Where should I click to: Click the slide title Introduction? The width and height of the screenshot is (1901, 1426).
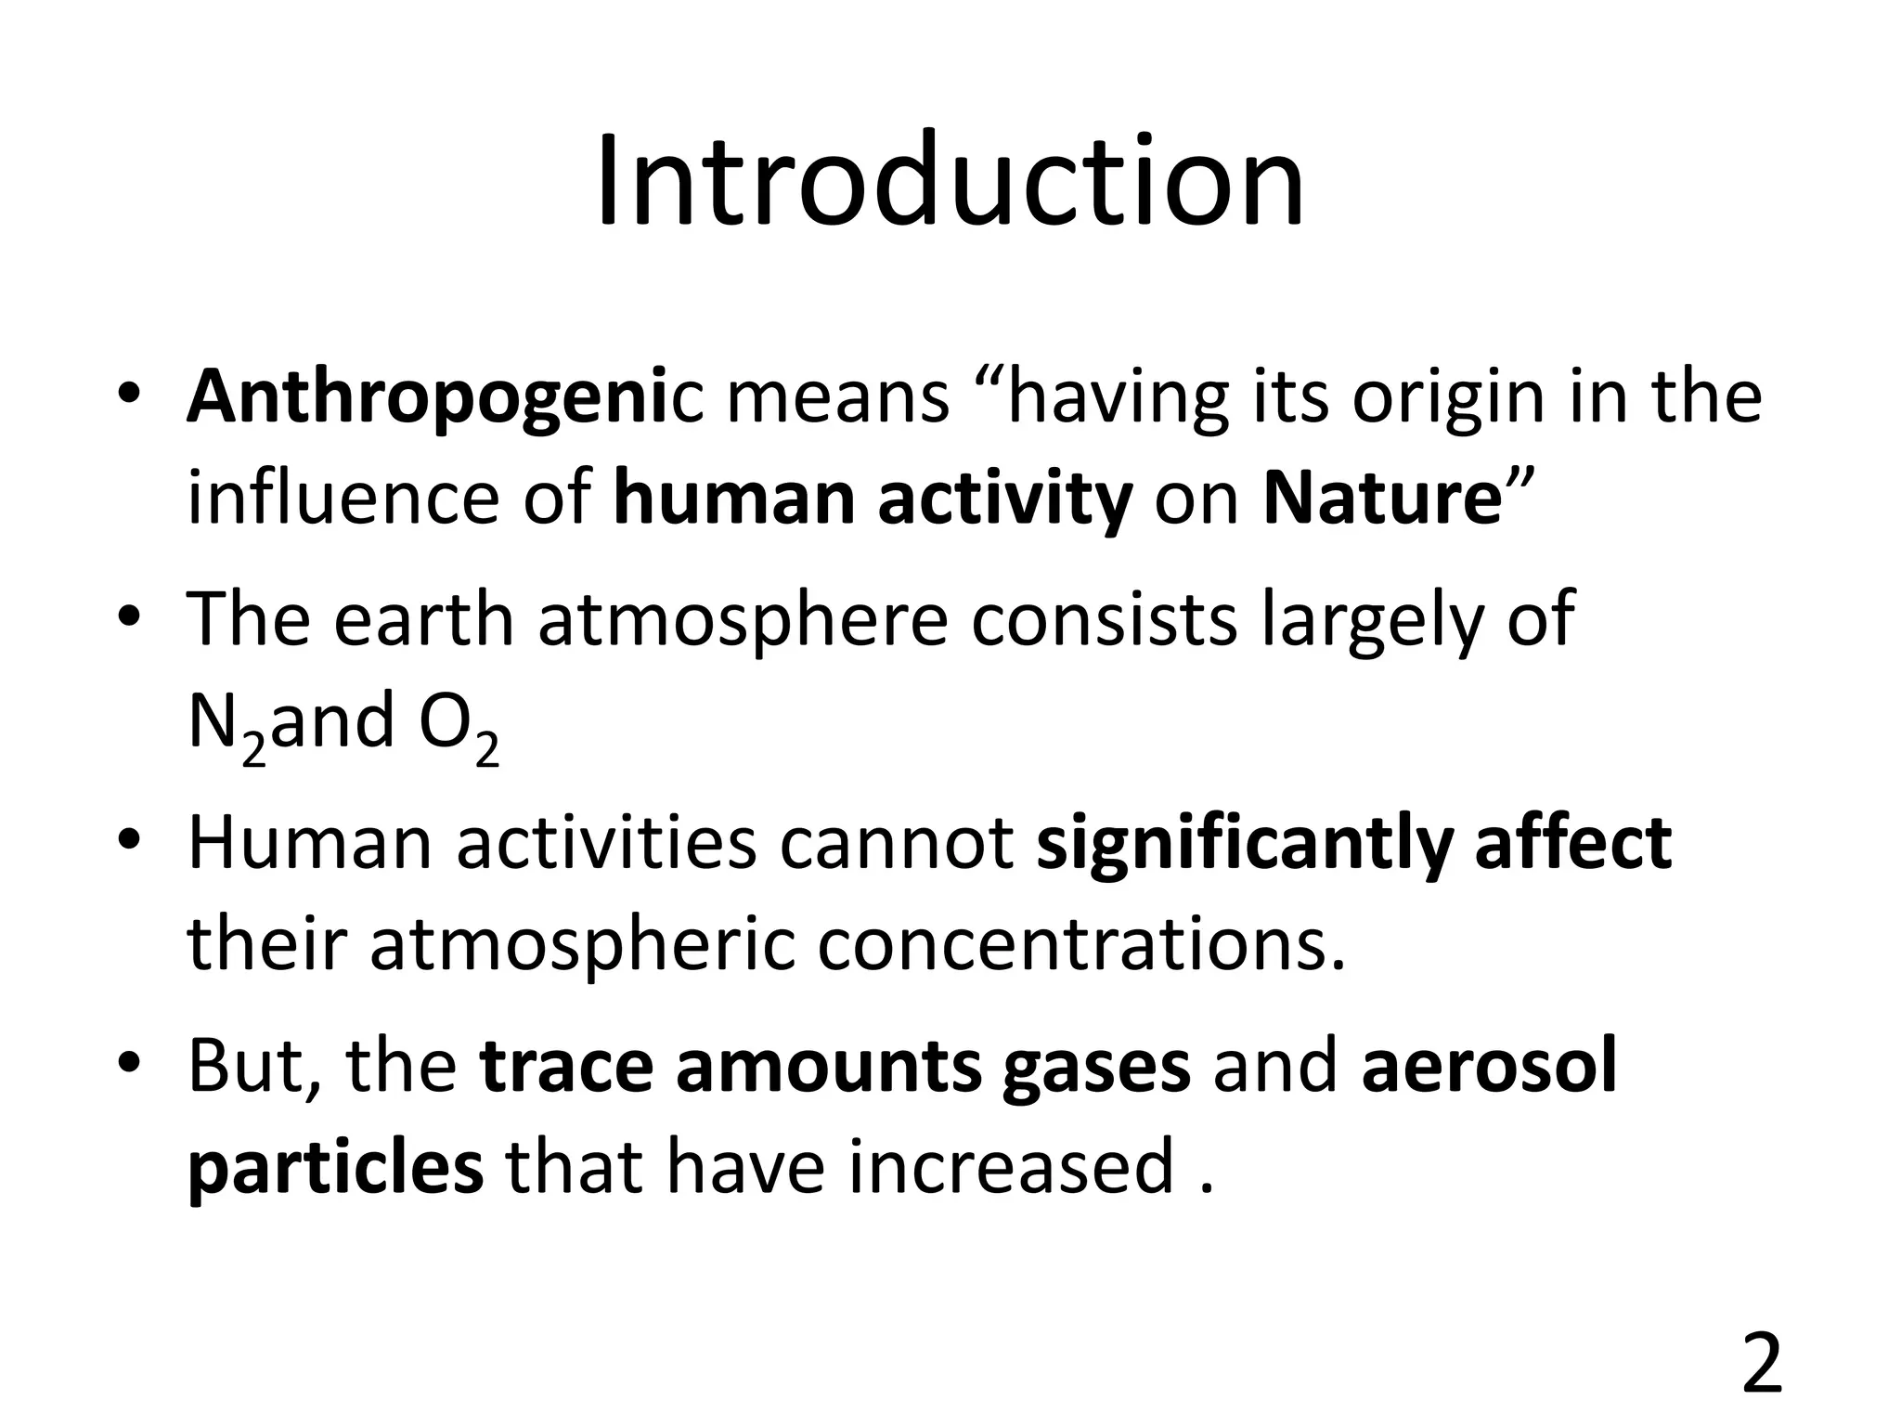click(950, 182)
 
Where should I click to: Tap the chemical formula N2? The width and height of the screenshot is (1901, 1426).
click(226, 726)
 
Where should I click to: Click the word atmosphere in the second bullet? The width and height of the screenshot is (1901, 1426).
click(743, 619)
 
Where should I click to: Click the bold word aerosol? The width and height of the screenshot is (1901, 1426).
click(1489, 1066)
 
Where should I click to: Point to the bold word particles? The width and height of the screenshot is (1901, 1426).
click(335, 1168)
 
